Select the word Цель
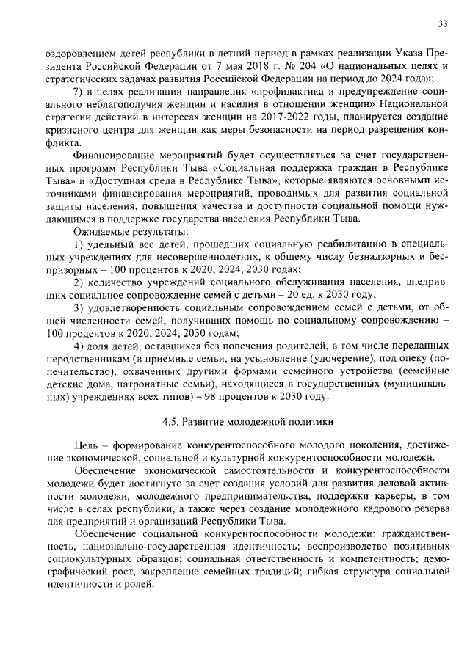tap(87, 446)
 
